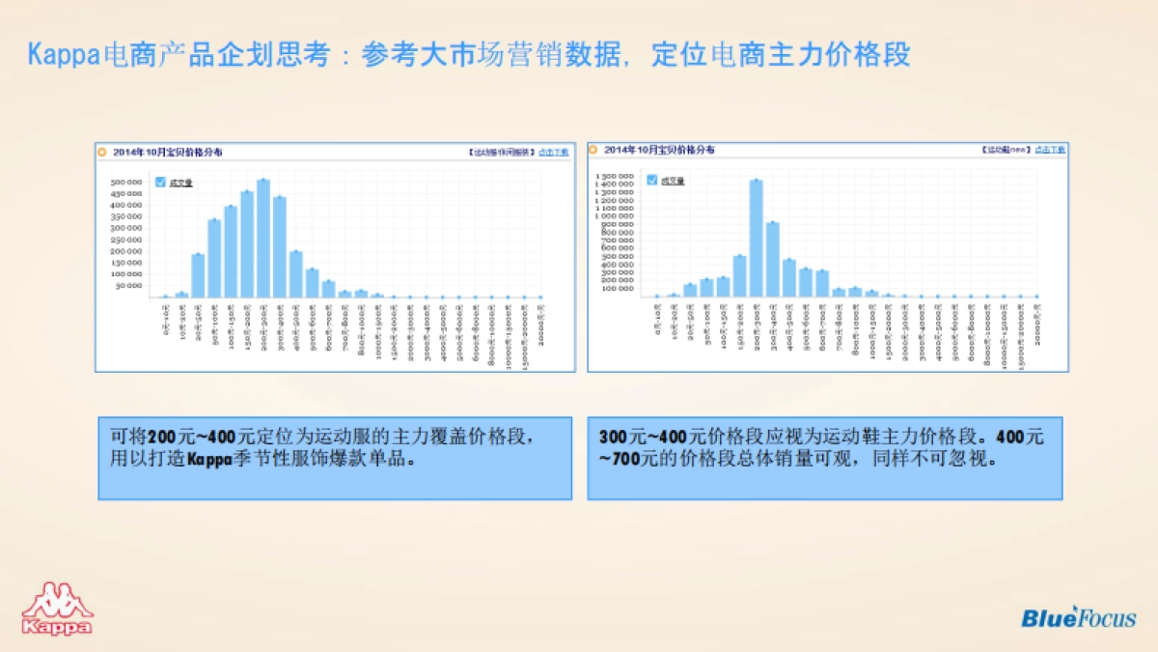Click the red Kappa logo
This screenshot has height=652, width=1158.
[57, 609]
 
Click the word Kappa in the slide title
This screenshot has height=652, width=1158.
[63, 54]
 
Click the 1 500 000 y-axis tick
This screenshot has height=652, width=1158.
[616, 177]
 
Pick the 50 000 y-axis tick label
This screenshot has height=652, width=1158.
[129, 285]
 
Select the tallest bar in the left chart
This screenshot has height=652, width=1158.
[263, 238]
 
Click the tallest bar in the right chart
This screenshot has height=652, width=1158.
[756, 238]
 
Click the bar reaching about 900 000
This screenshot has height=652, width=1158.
[772, 259]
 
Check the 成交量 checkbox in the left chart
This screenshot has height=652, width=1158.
[160, 182]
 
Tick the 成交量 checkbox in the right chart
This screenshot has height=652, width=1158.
[652, 180]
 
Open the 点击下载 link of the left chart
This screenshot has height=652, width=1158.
[554, 152]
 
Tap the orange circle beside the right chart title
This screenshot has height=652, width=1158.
[593, 150]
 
